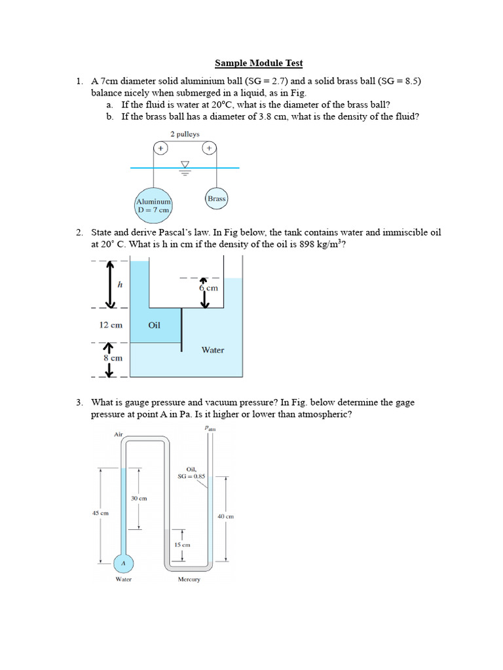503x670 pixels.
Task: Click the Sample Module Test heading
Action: pos(259,63)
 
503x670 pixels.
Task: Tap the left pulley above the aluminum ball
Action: pos(160,148)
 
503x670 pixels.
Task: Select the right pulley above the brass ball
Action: pos(210,148)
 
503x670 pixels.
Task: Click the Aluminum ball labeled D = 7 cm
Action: pos(153,205)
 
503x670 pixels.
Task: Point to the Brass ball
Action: pos(216,199)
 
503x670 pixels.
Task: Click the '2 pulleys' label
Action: pos(185,134)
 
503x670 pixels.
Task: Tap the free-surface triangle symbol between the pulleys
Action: pos(185,164)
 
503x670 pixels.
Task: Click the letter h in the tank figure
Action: pos(121,284)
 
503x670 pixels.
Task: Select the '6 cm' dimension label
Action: pos(208,288)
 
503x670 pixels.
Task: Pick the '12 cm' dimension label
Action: pos(111,325)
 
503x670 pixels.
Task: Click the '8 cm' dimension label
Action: pos(113,358)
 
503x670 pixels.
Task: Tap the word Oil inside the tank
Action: pos(154,325)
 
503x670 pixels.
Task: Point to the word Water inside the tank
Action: pos(213,350)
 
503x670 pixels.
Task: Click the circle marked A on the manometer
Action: pos(123,563)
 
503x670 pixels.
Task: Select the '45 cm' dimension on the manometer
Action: pos(100,513)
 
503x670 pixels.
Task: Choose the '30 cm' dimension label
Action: pos(139,498)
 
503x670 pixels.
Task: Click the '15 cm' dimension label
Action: pos(182,545)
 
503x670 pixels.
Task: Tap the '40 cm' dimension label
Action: pos(226,516)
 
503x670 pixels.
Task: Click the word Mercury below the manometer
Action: pos(189,580)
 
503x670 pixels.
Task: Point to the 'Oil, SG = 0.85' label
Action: pos(191,472)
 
